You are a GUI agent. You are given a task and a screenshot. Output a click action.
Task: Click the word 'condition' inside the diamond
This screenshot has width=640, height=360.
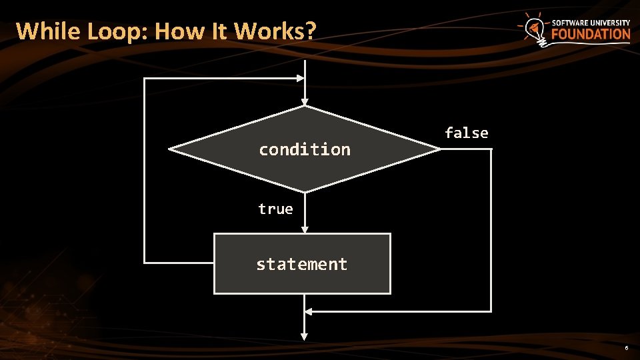(304, 149)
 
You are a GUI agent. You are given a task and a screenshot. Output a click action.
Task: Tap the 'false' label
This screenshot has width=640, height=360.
(466, 133)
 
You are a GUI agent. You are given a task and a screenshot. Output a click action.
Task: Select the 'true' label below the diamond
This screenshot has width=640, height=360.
(275, 209)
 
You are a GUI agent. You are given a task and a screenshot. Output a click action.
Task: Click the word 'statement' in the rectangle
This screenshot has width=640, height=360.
(301, 265)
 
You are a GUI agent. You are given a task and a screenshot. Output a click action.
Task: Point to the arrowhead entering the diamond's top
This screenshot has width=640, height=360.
(305, 101)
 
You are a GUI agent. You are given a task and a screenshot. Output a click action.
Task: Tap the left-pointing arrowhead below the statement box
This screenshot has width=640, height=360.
(308, 311)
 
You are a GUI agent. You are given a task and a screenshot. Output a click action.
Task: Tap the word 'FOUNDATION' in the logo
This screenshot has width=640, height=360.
(591, 34)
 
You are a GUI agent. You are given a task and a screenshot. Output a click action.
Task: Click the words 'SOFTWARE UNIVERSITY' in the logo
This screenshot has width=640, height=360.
(591, 22)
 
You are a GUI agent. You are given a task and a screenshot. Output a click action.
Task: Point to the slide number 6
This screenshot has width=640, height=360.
(626, 349)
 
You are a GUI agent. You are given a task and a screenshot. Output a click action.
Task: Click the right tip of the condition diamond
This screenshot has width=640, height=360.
(440, 149)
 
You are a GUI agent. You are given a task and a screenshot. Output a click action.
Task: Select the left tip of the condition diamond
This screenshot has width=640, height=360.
(169, 149)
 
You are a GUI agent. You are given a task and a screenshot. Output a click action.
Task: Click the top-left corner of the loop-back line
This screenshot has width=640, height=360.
(145, 79)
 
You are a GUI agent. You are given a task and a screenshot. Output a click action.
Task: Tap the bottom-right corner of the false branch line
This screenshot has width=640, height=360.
(491, 311)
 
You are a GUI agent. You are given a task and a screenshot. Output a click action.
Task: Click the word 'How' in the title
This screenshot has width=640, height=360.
(175, 31)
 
